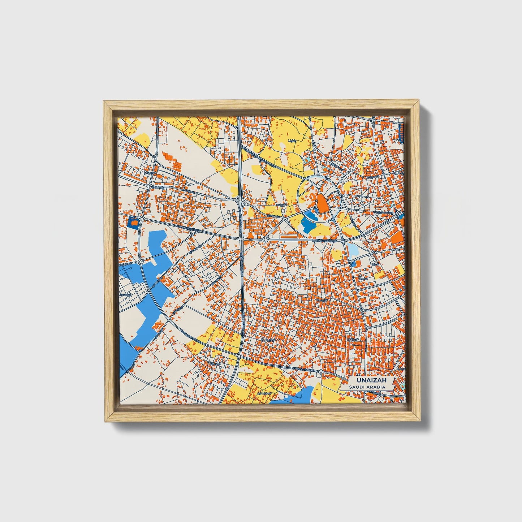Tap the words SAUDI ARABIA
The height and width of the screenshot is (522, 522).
(x=367, y=387)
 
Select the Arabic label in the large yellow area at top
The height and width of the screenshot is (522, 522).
(x=292, y=140)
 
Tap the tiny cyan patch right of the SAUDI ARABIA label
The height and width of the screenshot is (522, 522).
(x=402, y=387)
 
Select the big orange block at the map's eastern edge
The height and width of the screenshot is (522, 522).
(x=397, y=237)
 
